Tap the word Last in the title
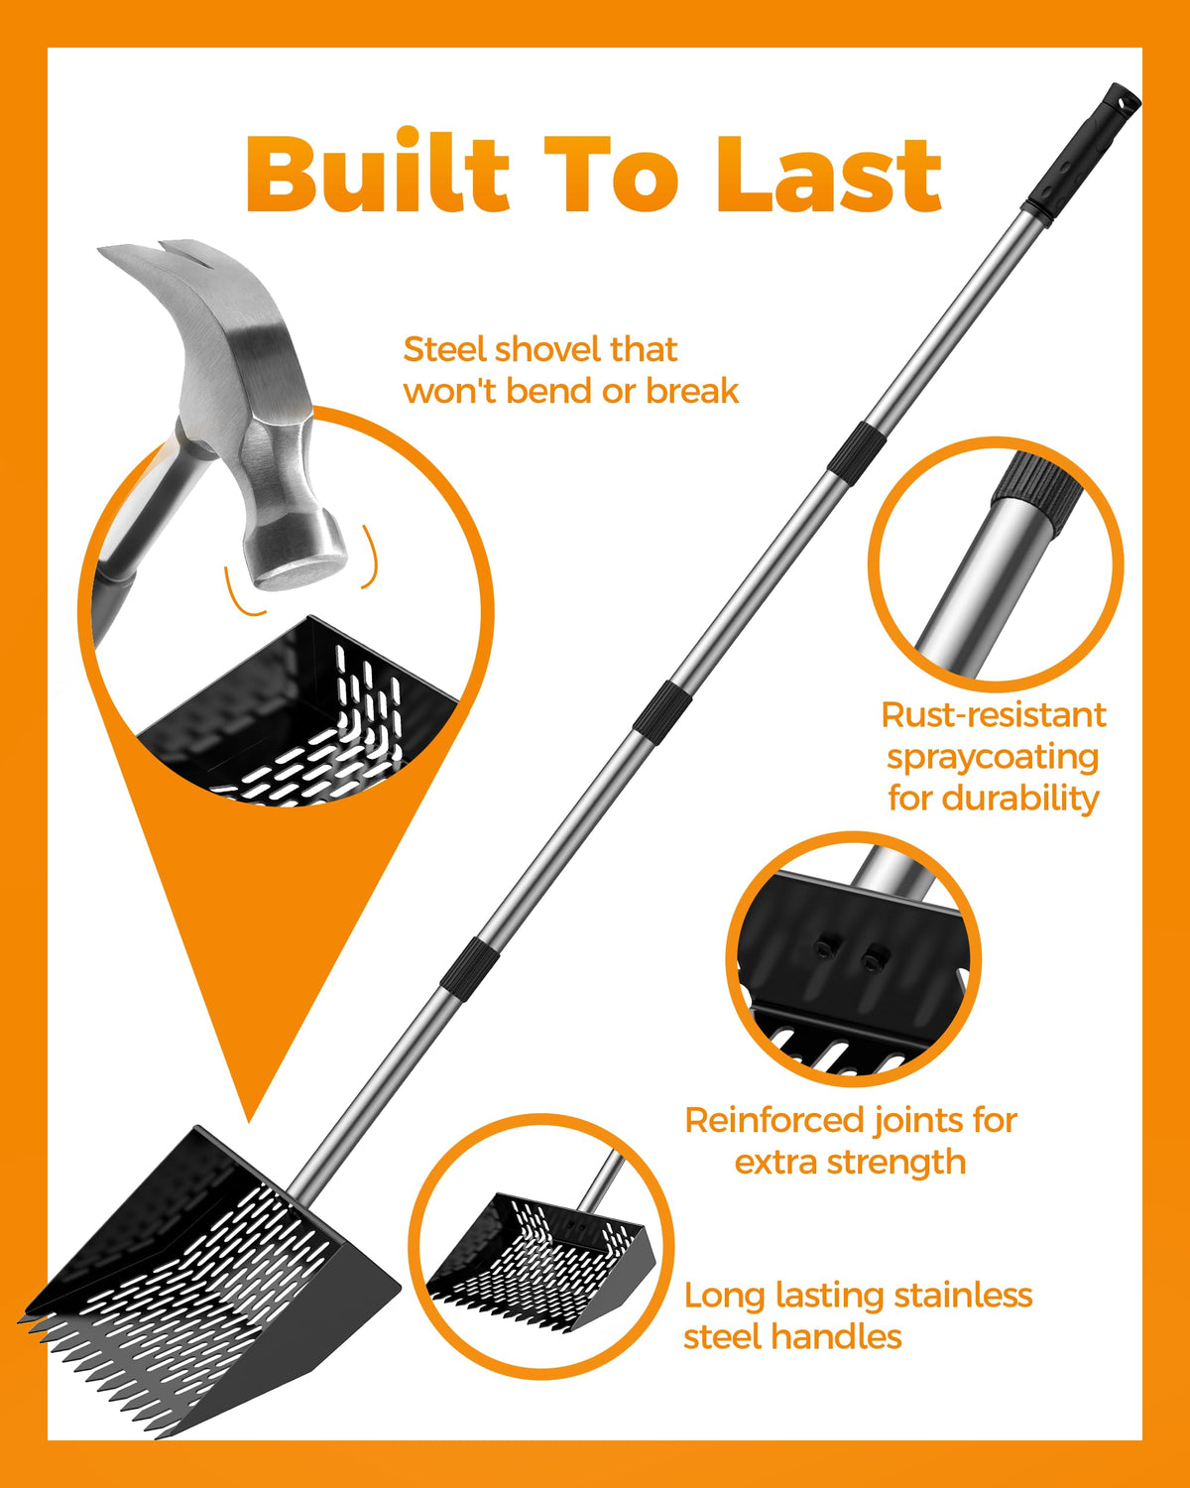(x=829, y=175)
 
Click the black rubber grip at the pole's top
(x=1079, y=157)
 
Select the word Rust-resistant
(x=994, y=715)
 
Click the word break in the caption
(x=692, y=392)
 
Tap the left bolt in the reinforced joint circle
(x=823, y=948)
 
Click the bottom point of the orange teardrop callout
(x=249, y=1122)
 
